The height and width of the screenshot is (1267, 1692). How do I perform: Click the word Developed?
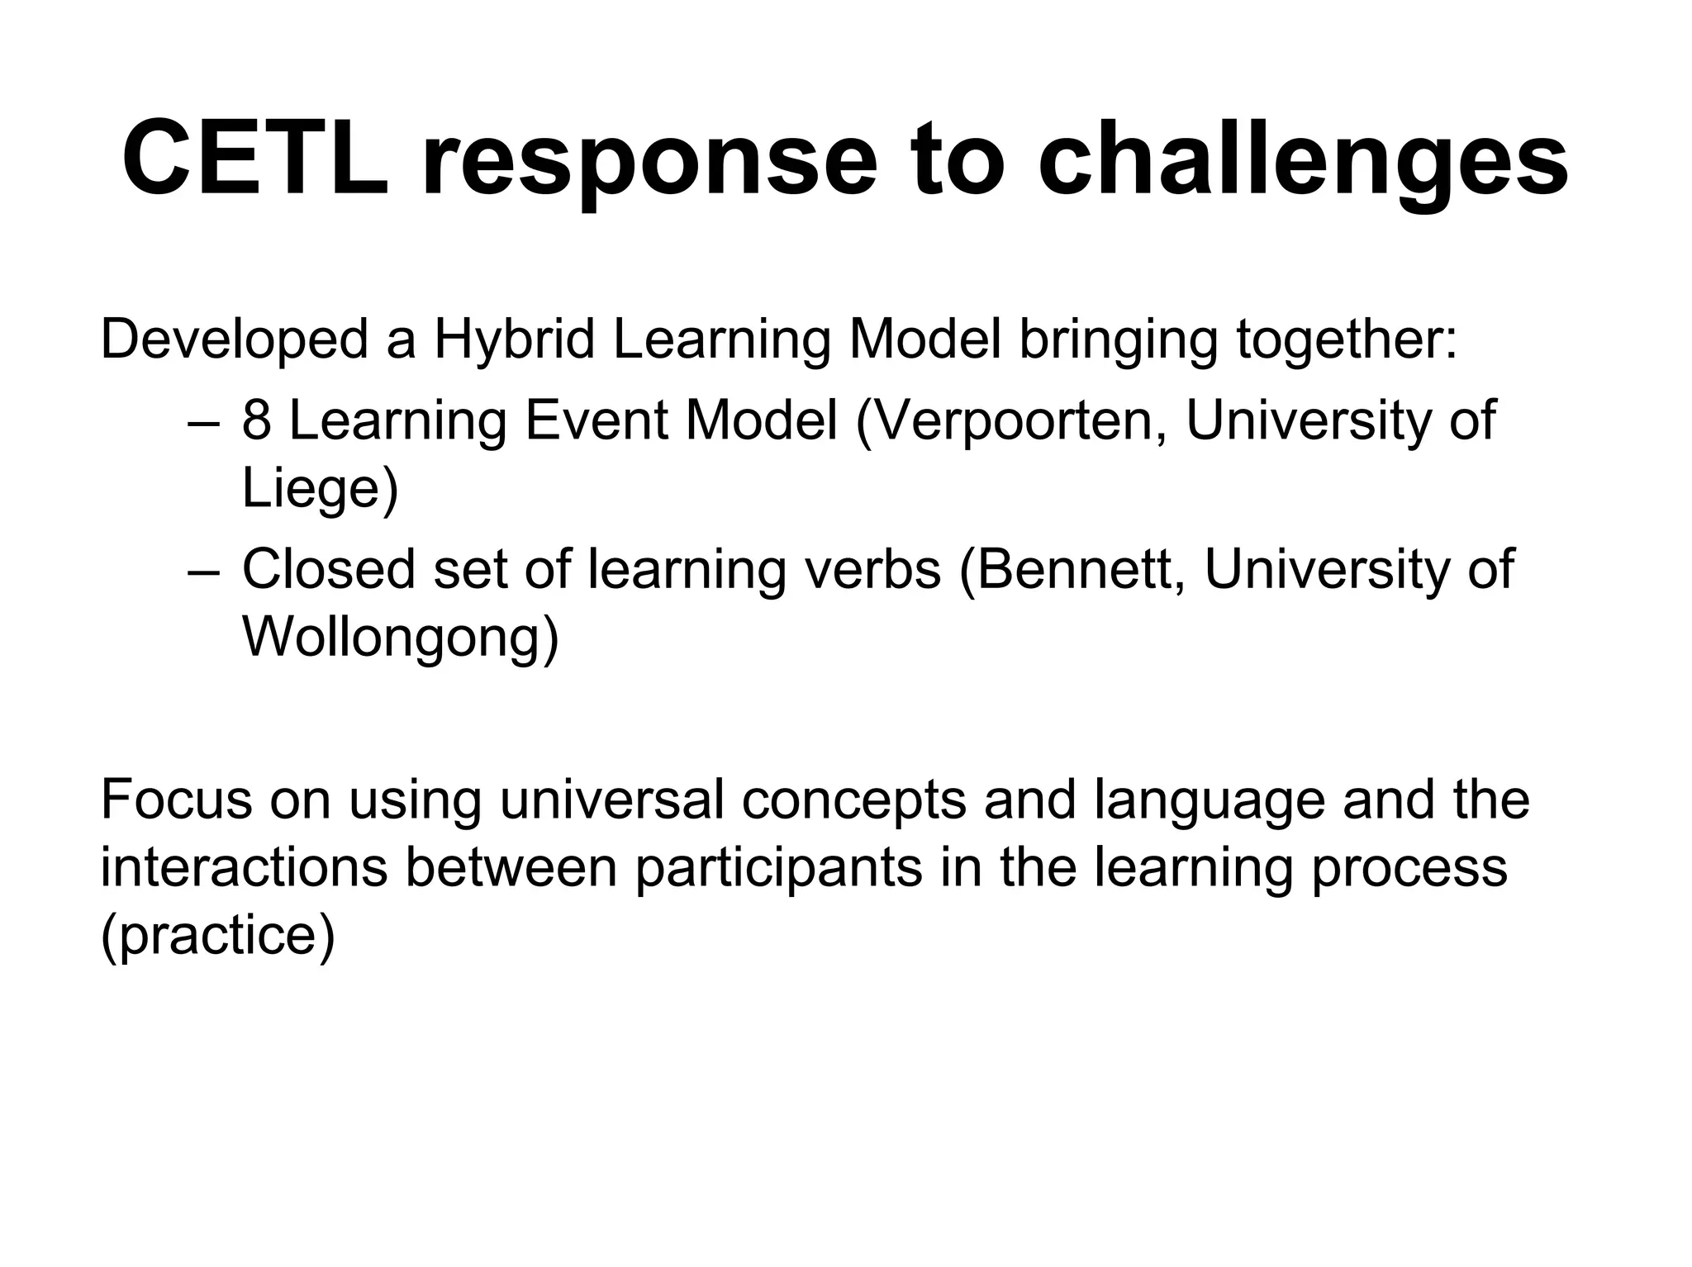click(x=234, y=341)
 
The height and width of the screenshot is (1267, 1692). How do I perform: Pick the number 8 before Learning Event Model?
click(x=256, y=420)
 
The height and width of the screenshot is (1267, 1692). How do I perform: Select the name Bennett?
click(x=1073, y=569)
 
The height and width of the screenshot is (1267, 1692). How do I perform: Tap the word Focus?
click(x=176, y=800)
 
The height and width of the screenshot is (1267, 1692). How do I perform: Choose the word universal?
click(x=611, y=800)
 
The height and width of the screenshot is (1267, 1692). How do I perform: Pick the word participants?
click(x=778, y=869)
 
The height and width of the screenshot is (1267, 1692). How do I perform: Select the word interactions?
click(x=245, y=867)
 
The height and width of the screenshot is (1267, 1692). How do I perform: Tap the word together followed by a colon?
click(x=1347, y=341)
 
